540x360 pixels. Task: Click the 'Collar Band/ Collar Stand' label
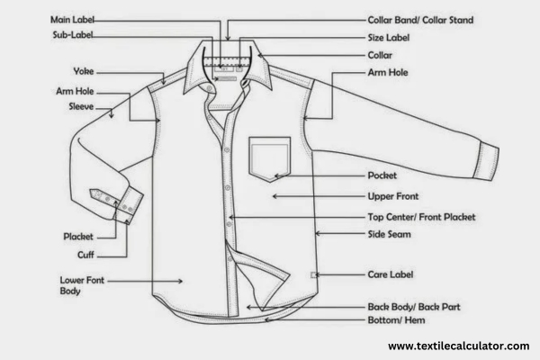pyautogui.click(x=420, y=19)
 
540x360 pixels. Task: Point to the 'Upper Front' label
pyautogui.click(x=394, y=195)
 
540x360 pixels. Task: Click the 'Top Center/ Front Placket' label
pyautogui.click(x=421, y=217)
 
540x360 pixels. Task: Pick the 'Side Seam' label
pyautogui.click(x=390, y=234)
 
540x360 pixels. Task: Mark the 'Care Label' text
pyautogui.click(x=391, y=274)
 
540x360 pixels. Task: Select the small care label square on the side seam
pyautogui.click(x=313, y=274)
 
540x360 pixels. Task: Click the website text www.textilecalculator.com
pyautogui.click(x=458, y=346)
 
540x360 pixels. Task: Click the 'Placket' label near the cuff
pyautogui.click(x=78, y=237)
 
